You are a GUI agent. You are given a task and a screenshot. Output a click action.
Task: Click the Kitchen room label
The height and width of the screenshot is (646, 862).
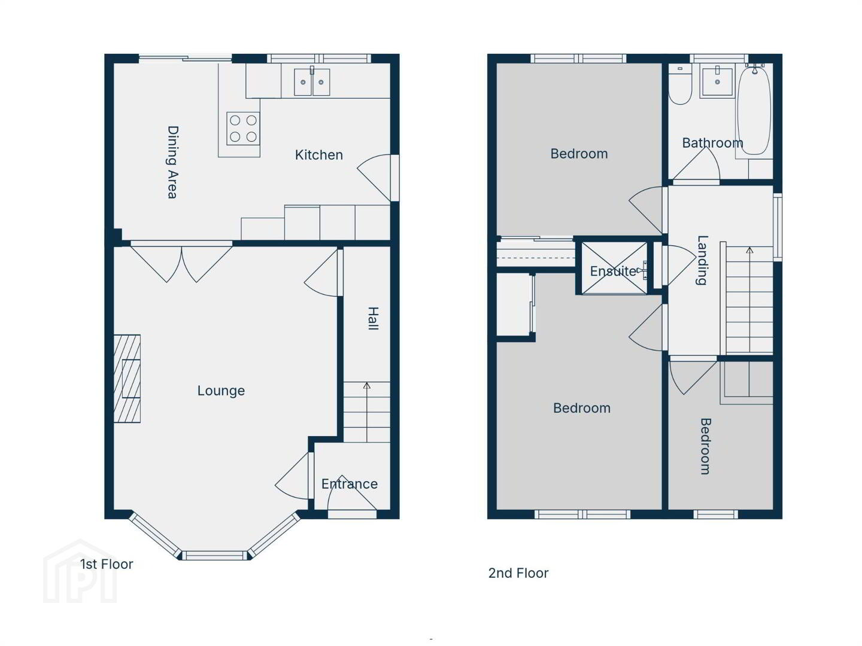pyautogui.click(x=319, y=155)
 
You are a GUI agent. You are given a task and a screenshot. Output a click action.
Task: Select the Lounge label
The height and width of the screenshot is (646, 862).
pyautogui.click(x=221, y=391)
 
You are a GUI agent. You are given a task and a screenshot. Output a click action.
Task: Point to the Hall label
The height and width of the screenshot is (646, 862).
pyautogui.click(x=373, y=318)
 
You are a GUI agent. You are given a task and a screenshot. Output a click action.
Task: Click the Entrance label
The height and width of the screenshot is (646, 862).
pyautogui.click(x=350, y=484)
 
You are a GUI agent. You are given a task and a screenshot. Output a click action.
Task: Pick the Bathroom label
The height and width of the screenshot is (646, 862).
pyautogui.click(x=713, y=143)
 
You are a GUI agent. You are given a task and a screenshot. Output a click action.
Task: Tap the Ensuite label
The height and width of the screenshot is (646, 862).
pyautogui.click(x=614, y=271)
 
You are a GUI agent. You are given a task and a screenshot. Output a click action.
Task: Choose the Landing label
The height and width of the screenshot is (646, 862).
pyautogui.click(x=702, y=260)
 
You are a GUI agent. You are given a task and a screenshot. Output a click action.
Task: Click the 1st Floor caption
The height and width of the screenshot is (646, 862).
pyautogui.click(x=107, y=565)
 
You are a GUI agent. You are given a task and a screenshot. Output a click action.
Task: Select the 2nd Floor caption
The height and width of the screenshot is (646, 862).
pyautogui.click(x=518, y=574)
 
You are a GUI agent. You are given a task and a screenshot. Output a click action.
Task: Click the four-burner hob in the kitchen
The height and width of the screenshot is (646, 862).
pyautogui.click(x=243, y=128)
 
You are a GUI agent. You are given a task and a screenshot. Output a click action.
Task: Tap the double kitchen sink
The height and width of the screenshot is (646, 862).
pyautogui.click(x=312, y=82)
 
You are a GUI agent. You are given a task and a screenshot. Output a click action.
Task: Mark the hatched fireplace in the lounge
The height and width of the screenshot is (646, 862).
pyautogui.click(x=128, y=379)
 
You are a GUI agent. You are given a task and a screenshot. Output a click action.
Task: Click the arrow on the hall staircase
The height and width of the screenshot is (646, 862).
pyautogui.click(x=367, y=412)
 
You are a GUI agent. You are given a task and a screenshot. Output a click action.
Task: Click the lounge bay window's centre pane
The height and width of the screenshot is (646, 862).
pyautogui.click(x=215, y=556)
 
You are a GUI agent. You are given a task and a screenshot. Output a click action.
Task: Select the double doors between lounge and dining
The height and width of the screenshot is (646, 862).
pyautogui.click(x=181, y=262)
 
